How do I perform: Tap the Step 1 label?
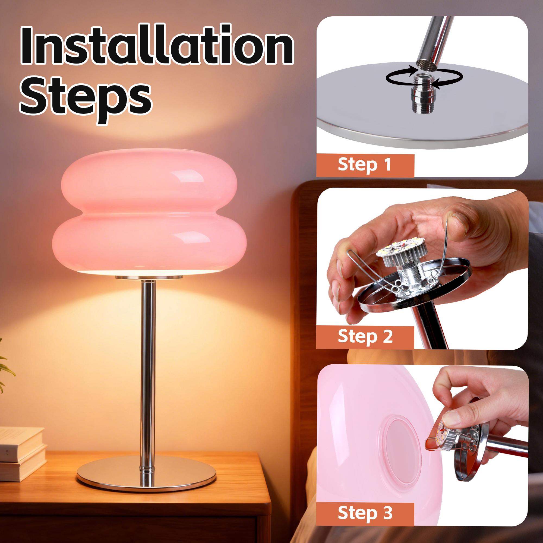[x=364, y=165]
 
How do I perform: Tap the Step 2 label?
[x=365, y=336]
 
